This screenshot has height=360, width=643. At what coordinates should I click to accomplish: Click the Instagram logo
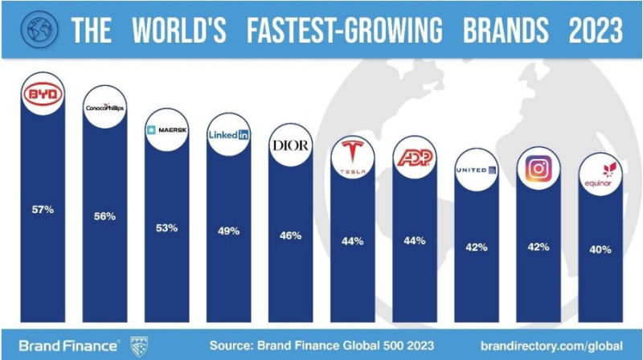[538, 170]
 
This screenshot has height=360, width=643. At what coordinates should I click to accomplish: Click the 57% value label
[43, 210]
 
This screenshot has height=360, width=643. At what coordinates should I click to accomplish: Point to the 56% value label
[104, 216]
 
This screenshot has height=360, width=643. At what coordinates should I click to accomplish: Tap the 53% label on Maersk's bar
[166, 227]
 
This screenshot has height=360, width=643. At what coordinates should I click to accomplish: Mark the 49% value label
[228, 231]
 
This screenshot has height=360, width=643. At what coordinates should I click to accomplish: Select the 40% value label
[600, 249]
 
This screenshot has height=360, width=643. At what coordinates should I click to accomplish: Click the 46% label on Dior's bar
[290, 235]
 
